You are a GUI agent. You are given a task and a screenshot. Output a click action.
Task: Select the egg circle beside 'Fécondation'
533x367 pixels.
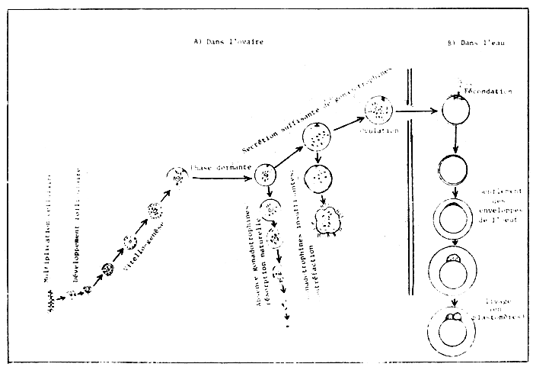[x=455, y=110]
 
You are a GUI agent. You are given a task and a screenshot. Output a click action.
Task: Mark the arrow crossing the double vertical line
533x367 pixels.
[x=416, y=112]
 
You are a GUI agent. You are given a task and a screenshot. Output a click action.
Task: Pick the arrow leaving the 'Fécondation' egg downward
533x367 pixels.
[x=455, y=139]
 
